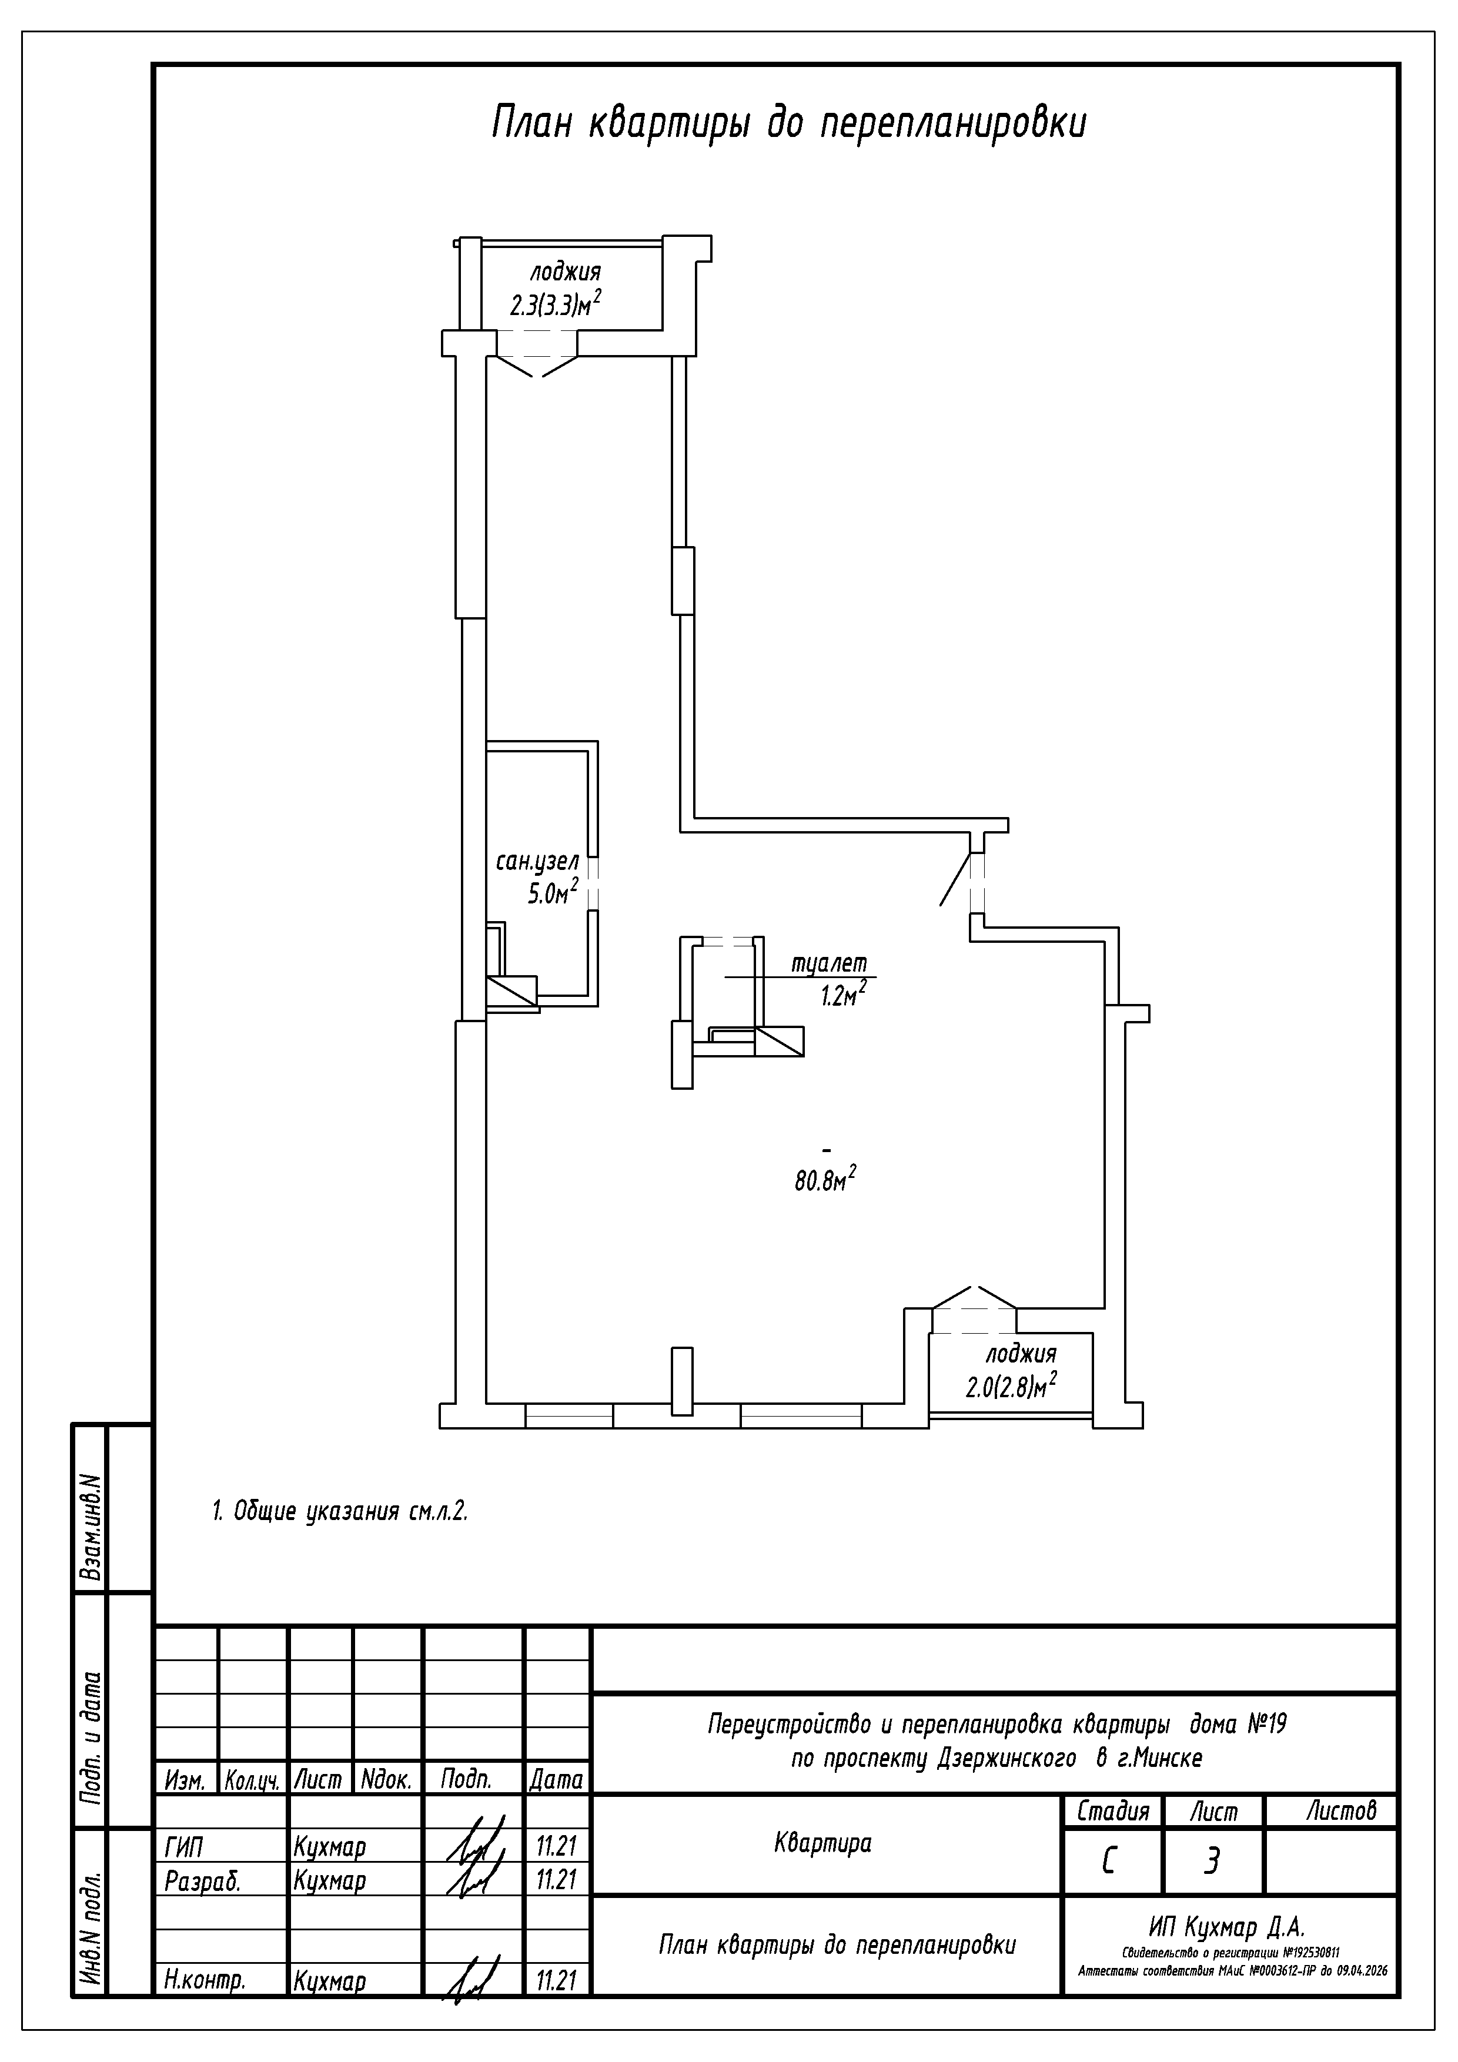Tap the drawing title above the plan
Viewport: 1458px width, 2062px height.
(789, 123)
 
